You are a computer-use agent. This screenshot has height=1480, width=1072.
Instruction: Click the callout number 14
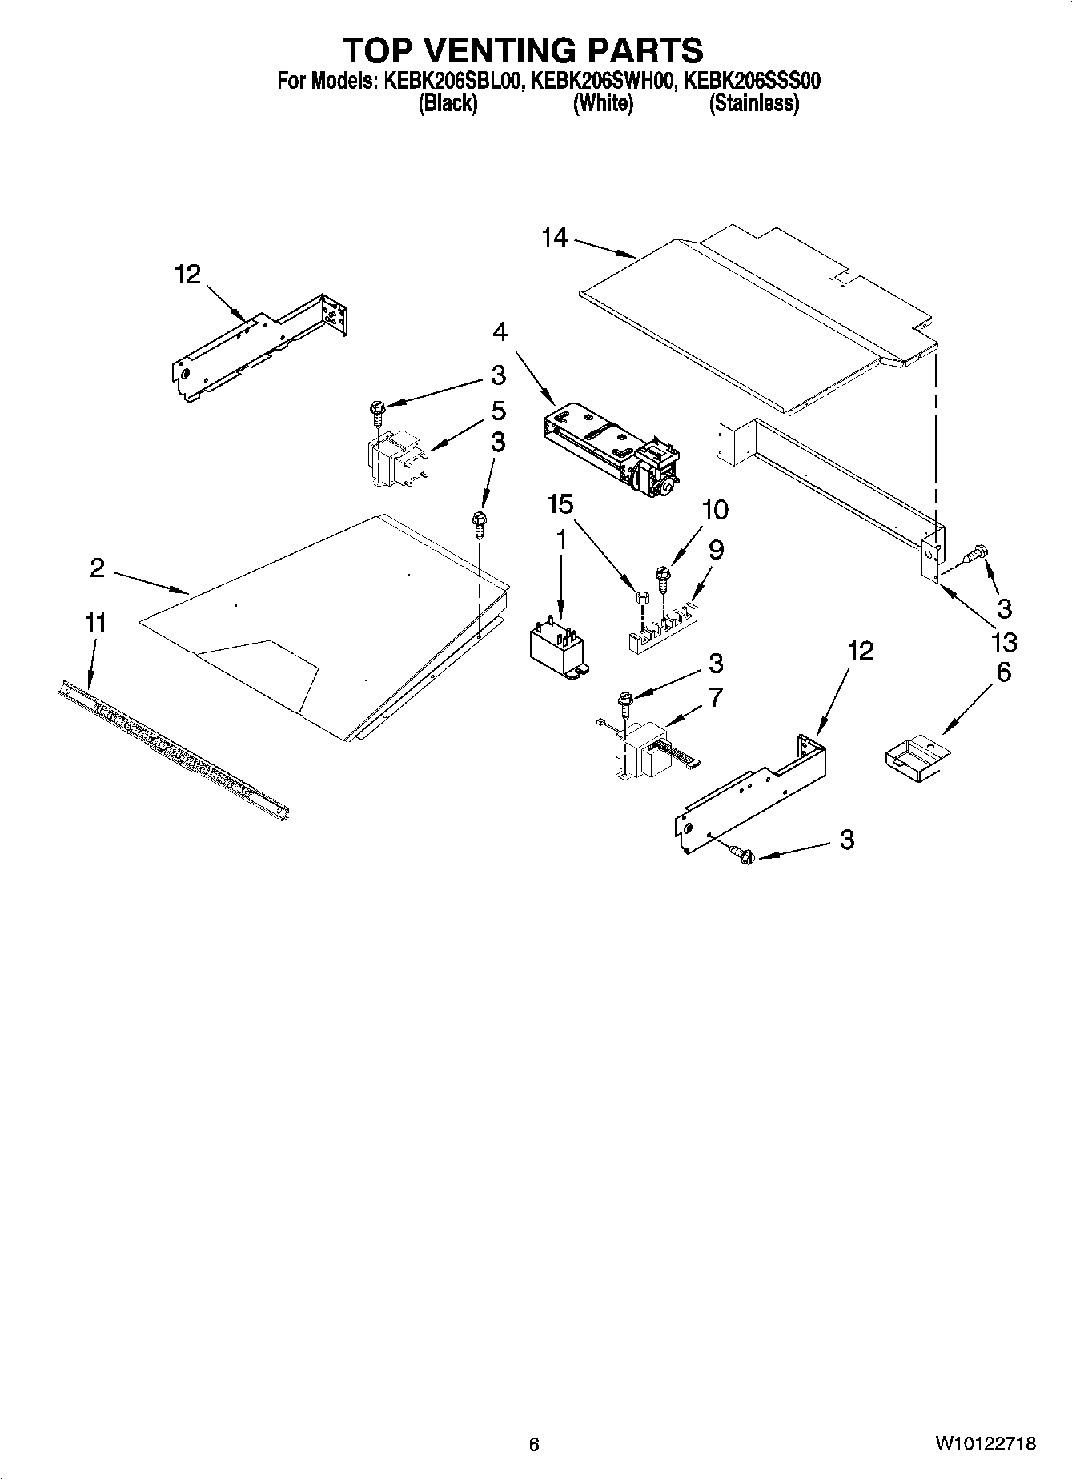(x=554, y=238)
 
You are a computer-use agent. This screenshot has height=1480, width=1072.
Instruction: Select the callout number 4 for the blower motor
(x=500, y=331)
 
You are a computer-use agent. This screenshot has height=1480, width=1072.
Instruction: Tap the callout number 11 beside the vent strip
(x=95, y=623)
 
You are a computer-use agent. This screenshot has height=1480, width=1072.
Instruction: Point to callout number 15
(x=560, y=504)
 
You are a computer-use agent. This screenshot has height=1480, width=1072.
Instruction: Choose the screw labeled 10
(x=662, y=576)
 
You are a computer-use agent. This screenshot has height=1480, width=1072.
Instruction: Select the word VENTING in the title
(x=523, y=50)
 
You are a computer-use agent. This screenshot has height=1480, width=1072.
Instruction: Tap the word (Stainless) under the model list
(x=753, y=103)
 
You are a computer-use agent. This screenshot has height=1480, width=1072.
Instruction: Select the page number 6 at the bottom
(x=535, y=1444)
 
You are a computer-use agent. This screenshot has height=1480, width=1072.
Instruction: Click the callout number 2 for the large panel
(x=97, y=568)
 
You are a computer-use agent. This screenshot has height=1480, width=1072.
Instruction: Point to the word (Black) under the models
(x=448, y=103)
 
